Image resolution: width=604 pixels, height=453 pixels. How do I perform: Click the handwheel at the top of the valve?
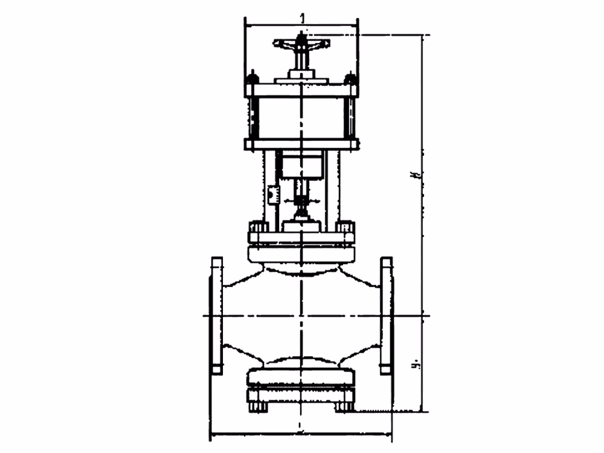coord(301,43)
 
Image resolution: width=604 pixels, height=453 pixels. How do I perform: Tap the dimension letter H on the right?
coord(414,175)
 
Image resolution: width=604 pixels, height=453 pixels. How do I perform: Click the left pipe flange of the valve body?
coord(216,315)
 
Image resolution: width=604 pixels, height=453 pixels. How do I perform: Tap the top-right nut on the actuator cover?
coord(350,79)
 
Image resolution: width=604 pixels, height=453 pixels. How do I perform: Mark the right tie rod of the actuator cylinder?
coord(349,118)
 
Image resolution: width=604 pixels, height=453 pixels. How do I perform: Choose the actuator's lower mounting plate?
coord(301,144)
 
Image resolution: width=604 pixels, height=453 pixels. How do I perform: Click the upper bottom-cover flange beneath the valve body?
coord(301,376)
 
